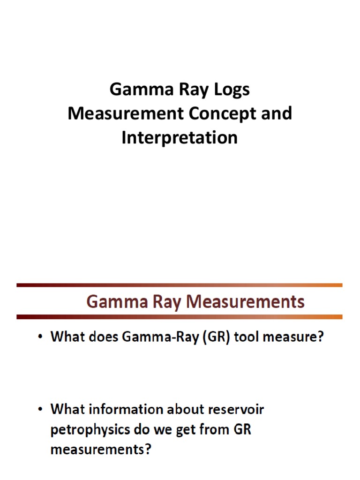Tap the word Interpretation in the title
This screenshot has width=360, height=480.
coord(180,138)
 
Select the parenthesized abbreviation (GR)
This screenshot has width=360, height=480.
coord(218,338)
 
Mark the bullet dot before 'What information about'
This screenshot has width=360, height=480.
coord(41,410)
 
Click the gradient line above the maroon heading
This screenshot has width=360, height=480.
coord(180,285)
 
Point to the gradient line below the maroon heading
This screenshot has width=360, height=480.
coord(180,317)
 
